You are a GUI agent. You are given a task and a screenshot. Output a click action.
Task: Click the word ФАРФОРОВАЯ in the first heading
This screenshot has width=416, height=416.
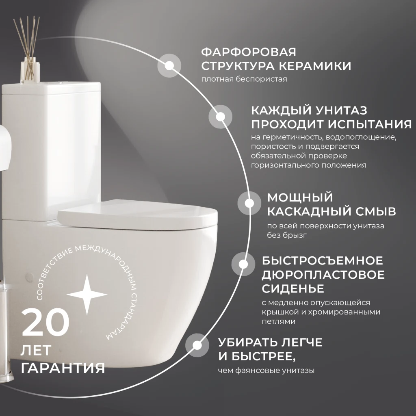tap(249, 52)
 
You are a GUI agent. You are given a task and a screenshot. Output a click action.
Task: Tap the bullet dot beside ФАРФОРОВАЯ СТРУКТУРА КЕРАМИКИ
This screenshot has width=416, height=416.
tap(169, 65)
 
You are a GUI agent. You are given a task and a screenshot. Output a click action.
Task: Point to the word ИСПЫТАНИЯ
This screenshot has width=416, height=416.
tap(368, 124)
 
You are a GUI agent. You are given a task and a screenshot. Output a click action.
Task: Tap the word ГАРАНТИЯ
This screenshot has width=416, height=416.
tap(63, 368)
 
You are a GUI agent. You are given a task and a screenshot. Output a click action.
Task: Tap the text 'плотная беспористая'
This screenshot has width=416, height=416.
tap(244, 79)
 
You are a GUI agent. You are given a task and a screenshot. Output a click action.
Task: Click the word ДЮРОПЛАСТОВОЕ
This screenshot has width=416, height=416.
tap(323, 275)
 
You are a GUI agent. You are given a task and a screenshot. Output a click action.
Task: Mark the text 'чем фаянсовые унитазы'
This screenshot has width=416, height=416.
tap(266, 370)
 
